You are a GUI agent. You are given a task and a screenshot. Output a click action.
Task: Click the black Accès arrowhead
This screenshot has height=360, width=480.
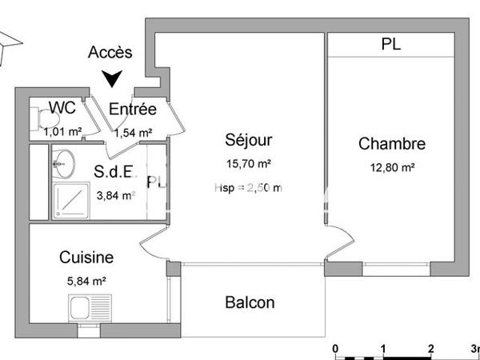pyautogui.click(x=114, y=78)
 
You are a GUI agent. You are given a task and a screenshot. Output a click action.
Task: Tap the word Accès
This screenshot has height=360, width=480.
pyautogui.click(x=110, y=53)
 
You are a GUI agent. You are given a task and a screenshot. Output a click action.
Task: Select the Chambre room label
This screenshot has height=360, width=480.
pyautogui.click(x=391, y=144)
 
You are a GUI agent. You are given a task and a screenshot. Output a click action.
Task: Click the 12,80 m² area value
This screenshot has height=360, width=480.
pyautogui.click(x=391, y=167)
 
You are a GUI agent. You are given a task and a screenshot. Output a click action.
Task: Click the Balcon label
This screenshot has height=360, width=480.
pyautogui.click(x=250, y=302)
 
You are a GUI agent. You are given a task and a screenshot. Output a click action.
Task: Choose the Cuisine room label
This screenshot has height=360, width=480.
pyautogui.click(x=86, y=258)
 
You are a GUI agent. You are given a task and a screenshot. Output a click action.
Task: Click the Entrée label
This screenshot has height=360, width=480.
pyautogui.click(x=133, y=110)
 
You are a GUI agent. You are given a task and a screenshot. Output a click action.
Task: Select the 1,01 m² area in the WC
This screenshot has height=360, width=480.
pyautogui.click(x=64, y=132)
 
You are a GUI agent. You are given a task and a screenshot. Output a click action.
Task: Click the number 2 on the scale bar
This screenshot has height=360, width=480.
pyautogui.click(x=430, y=349)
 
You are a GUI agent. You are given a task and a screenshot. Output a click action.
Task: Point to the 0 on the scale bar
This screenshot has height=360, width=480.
pyautogui.click(x=336, y=349)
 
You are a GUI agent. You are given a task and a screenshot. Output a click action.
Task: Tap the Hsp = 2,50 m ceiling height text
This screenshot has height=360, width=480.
pyautogui.click(x=248, y=187)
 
